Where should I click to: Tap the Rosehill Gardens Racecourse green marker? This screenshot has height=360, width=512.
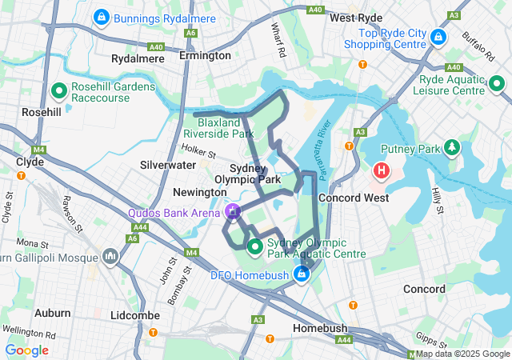tap(58, 91)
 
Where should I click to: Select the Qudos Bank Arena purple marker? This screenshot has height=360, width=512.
tap(233, 212)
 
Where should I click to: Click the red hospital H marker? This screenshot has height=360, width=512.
tap(382, 170)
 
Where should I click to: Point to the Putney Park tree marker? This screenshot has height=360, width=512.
tap(453, 148)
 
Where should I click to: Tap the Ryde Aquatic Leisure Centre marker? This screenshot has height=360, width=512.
tap(496, 82)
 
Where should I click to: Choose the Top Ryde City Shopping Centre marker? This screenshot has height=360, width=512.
tap(438, 37)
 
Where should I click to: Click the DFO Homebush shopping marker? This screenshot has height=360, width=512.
tap(302, 275)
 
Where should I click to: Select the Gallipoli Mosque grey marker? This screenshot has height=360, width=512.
tap(110, 257)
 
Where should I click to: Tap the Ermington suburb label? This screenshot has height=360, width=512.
tap(205, 56)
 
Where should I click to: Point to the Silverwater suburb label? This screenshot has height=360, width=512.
tap(168, 165)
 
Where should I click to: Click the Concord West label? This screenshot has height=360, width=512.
tap(354, 198)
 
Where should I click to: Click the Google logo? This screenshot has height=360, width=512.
tap(27, 350)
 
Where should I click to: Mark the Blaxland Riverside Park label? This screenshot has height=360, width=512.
tap(218, 129)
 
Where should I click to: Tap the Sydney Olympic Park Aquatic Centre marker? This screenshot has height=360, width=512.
tap(255, 246)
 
